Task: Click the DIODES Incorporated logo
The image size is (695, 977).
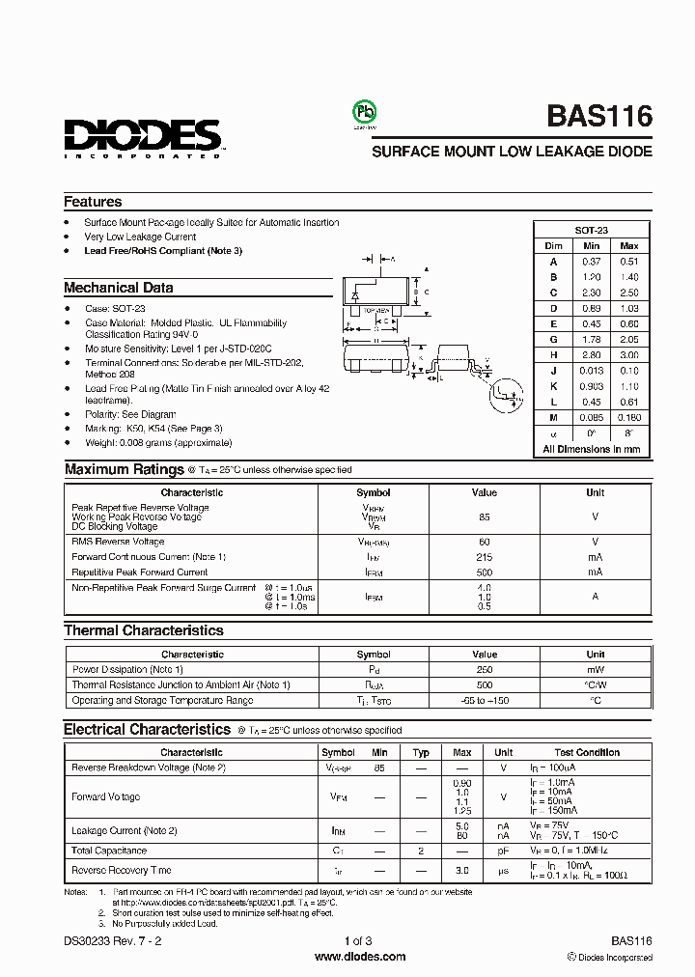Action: [143, 136]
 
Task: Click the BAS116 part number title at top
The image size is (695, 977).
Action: [599, 117]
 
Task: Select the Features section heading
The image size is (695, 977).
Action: [93, 202]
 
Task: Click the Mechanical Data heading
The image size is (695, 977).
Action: [119, 288]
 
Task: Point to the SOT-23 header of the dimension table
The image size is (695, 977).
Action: [591, 231]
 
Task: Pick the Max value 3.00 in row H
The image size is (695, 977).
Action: [629, 354]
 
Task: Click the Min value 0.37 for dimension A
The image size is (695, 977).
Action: [591, 262]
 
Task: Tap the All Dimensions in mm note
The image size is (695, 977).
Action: [591, 448]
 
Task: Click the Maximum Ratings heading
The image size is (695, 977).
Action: [124, 469]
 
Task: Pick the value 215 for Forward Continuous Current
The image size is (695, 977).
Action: [484, 557]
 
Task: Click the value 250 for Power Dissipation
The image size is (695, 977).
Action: [484, 669]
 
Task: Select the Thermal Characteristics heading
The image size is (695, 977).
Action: [143, 630]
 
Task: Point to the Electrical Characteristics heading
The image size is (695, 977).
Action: [147, 730]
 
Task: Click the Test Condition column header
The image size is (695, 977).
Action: [587, 752]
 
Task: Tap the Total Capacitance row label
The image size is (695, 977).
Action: [109, 851]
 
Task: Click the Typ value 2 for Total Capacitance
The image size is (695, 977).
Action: [421, 851]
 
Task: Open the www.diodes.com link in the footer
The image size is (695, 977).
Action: [360, 957]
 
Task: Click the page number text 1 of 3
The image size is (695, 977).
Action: [358, 940]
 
